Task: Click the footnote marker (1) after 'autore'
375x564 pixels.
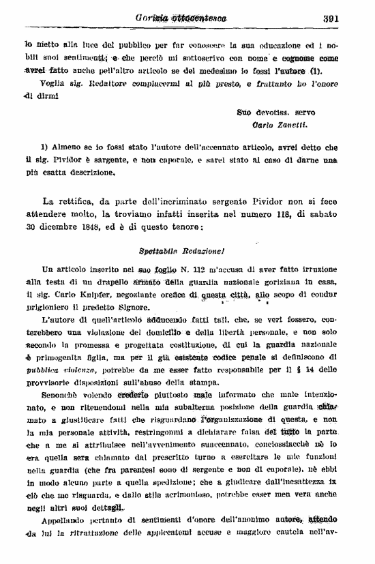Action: (x=314, y=70)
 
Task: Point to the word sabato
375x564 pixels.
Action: (x=325, y=214)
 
